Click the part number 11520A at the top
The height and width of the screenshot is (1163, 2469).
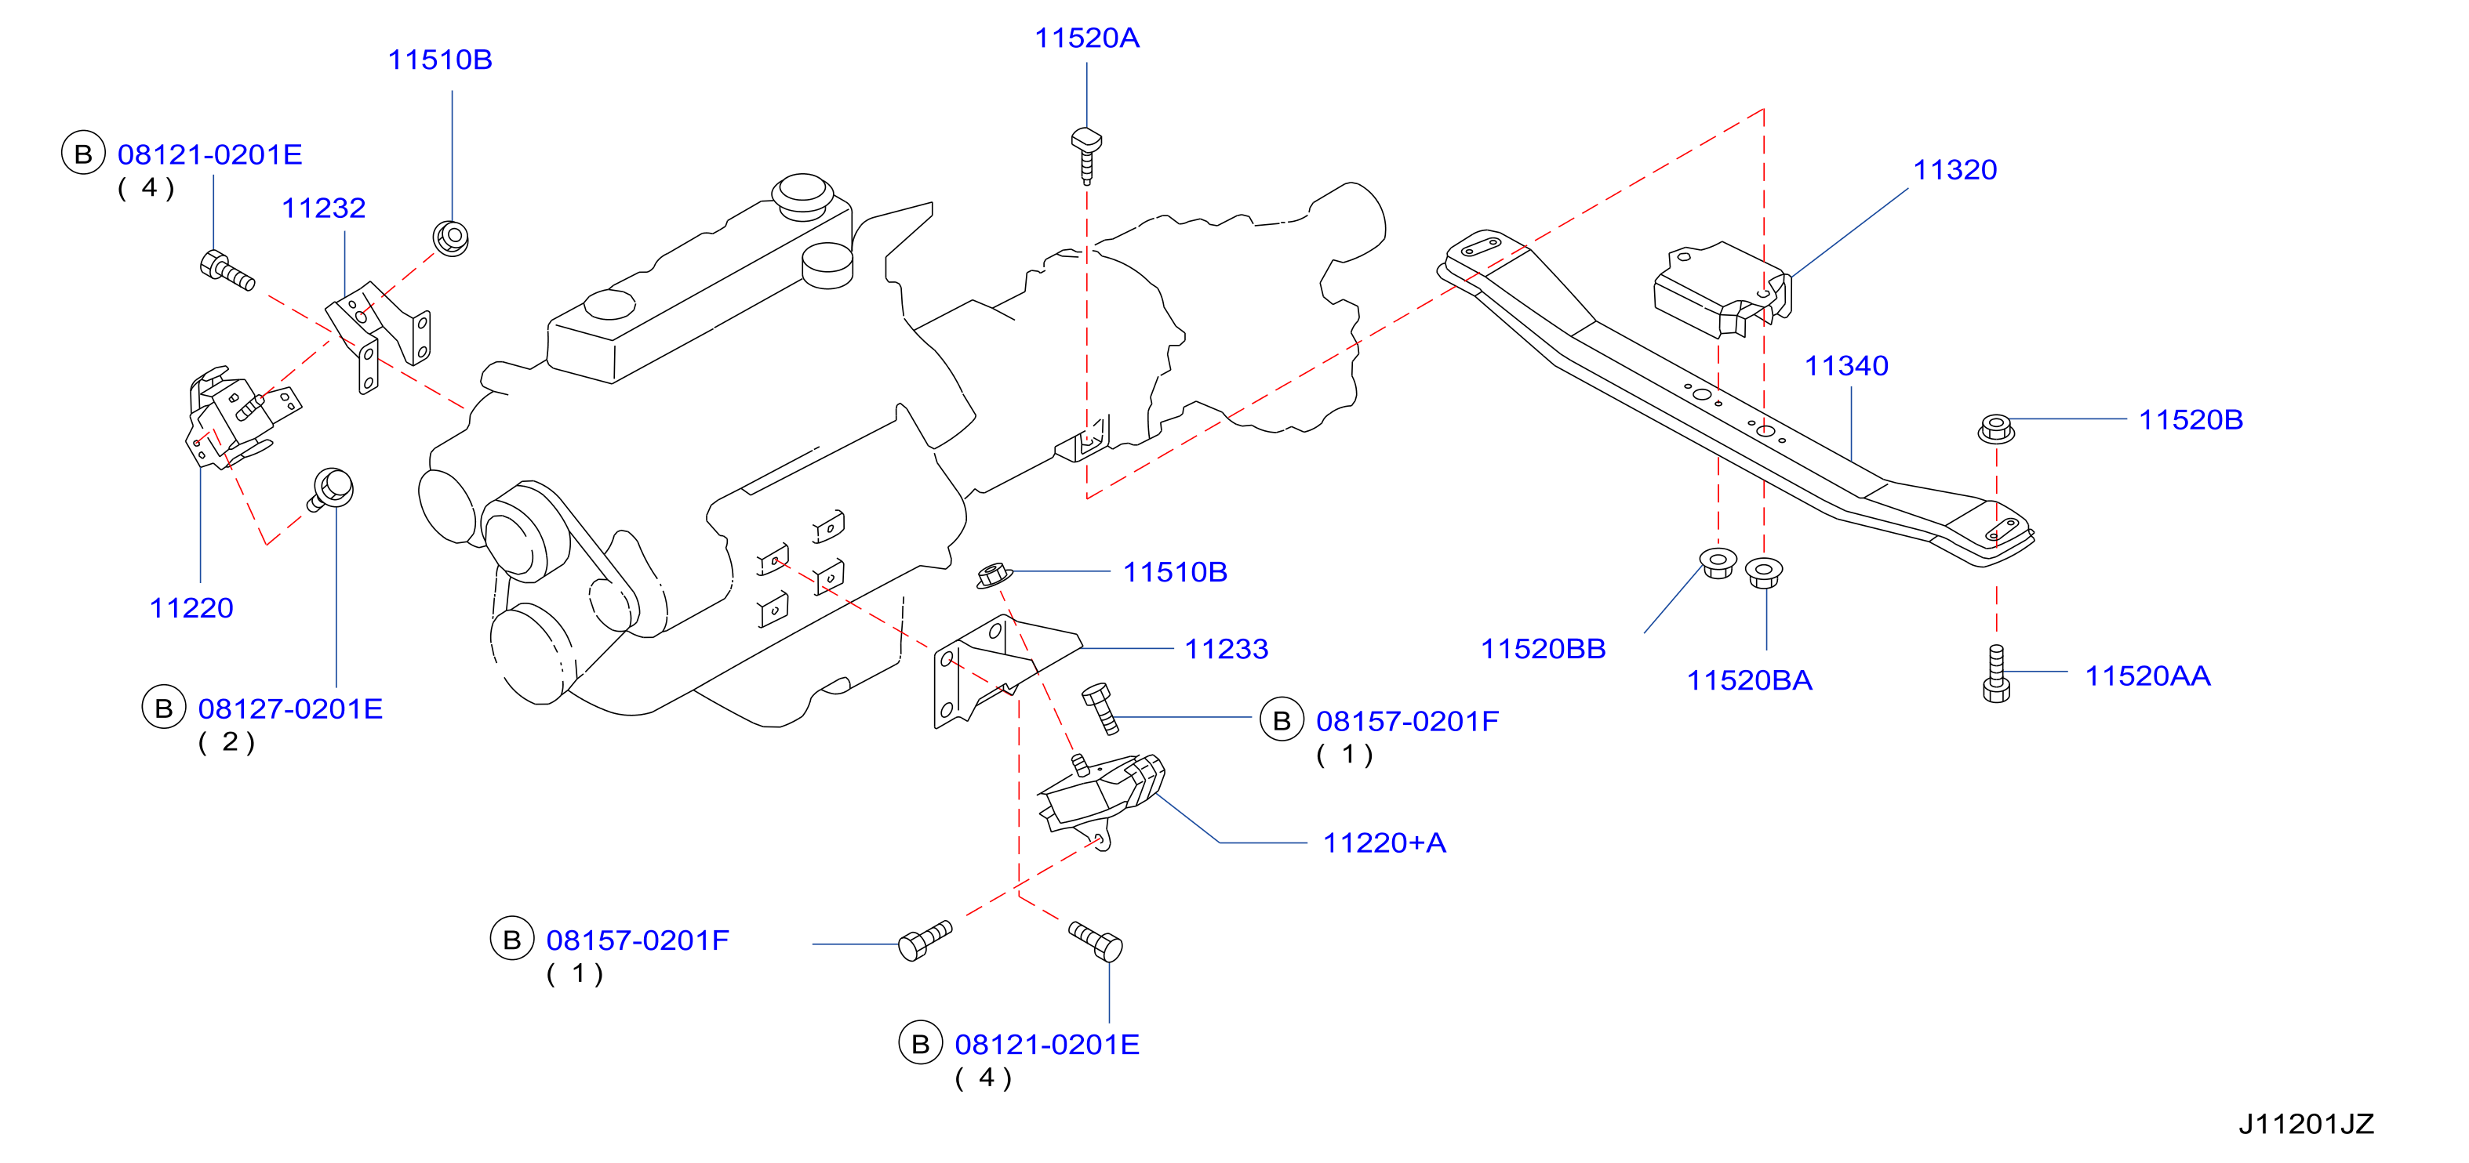click(1087, 38)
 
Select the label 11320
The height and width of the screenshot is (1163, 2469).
click(1955, 169)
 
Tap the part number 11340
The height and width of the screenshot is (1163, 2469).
click(1846, 365)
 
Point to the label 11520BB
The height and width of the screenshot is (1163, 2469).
click(1544, 649)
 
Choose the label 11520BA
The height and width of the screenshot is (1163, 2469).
click(1749, 680)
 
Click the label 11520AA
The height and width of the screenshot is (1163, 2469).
click(2148, 676)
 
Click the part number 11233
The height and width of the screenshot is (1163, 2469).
click(1226, 649)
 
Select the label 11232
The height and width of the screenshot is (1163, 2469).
click(323, 208)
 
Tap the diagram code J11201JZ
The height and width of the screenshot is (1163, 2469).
click(2306, 1124)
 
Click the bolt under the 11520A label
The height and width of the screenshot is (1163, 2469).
click(1086, 154)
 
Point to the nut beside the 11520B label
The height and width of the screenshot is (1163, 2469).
click(1995, 427)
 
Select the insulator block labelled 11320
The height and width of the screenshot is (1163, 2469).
click(1722, 288)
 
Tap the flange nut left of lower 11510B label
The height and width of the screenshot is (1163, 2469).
click(994, 576)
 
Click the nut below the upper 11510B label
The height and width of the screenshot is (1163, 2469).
click(450, 237)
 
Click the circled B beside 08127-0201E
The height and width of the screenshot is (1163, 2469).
click(164, 708)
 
